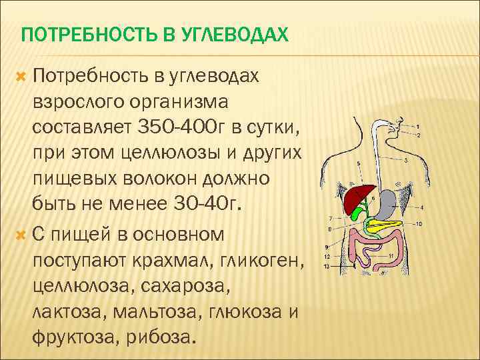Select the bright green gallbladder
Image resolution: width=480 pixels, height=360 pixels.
359,213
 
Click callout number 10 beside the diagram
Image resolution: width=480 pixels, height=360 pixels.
419,224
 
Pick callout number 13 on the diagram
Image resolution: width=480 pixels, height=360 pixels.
326,266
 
